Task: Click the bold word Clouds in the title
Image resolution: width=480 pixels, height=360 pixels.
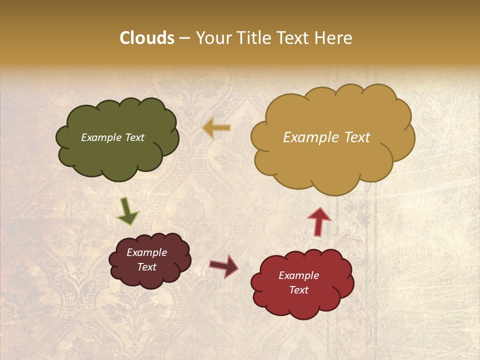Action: (147, 38)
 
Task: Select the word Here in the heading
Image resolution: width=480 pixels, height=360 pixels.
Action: (334, 38)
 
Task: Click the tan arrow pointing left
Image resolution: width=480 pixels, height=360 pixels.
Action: (216, 128)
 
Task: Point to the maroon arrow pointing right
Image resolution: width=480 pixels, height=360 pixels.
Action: (224, 266)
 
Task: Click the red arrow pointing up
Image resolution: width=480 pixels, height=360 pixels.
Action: (318, 221)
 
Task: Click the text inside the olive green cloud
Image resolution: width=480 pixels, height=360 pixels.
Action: (112, 137)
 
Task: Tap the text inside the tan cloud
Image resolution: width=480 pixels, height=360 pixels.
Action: (326, 137)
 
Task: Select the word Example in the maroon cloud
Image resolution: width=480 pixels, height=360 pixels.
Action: (146, 252)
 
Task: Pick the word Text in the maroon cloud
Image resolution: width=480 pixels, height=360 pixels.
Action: (146, 267)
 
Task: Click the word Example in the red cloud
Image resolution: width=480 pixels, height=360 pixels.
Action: (298, 275)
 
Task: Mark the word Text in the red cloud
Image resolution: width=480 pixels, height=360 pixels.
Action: (298, 290)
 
